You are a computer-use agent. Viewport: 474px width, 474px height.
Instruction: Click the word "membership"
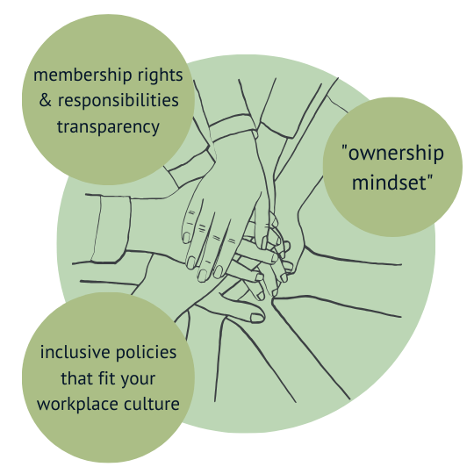pyautogui.click(x=83, y=75)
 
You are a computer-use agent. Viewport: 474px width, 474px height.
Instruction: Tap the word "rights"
pyautogui.click(x=161, y=75)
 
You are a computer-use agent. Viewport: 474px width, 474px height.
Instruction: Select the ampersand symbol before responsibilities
pyautogui.click(x=45, y=100)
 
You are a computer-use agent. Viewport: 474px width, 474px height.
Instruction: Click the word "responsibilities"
pyautogui.click(x=118, y=100)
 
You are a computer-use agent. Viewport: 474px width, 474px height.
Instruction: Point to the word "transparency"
pyautogui.click(x=108, y=127)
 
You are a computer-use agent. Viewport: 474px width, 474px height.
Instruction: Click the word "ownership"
pyautogui.click(x=396, y=154)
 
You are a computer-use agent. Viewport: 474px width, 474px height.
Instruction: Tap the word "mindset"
pyautogui.click(x=390, y=183)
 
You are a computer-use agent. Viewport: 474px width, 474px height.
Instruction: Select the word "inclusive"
pyautogui.click(x=75, y=352)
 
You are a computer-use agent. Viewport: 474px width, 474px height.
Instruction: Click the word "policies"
pyautogui.click(x=146, y=353)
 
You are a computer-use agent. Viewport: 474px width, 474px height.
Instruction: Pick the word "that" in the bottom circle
pyautogui.click(x=73, y=378)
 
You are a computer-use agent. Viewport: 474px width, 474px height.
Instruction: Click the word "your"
pyautogui.click(x=138, y=380)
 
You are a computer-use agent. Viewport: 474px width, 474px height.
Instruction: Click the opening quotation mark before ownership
pyautogui.click(x=344, y=147)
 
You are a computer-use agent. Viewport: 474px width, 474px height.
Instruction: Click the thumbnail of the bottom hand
pyautogui.click(x=257, y=318)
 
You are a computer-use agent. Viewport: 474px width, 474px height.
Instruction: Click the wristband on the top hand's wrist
pyautogui.click(x=233, y=127)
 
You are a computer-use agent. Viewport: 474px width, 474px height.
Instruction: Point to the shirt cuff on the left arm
pyautogui.click(x=111, y=229)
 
